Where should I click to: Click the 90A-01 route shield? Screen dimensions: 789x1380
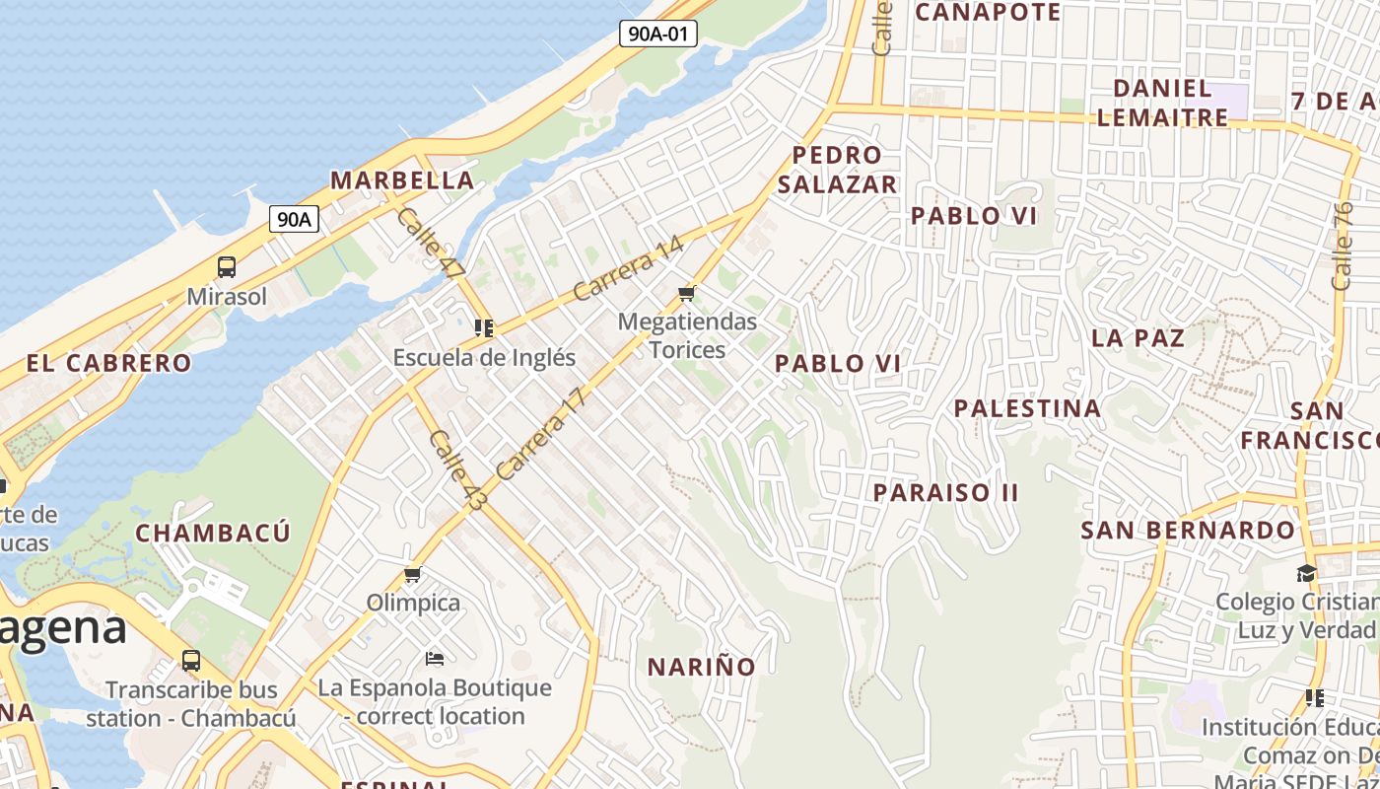click(658, 34)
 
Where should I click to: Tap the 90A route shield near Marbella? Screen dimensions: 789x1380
click(294, 219)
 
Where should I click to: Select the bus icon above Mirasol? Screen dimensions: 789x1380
click(227, 266)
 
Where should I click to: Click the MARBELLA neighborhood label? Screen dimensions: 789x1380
click(402, 180)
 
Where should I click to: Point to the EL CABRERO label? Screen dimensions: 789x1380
click(109, 363)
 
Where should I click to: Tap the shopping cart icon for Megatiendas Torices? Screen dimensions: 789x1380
click(687, 293)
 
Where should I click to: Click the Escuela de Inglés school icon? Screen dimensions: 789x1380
click(483, 327)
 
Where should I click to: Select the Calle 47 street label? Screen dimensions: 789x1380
click(430, 243)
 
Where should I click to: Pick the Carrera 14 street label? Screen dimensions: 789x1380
click(628, 267)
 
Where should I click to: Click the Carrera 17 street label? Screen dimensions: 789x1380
click(541, 434)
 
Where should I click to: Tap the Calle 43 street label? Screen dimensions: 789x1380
click(457, 469)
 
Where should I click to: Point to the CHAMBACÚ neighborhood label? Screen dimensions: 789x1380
click(213, 534)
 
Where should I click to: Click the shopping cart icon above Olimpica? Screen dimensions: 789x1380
click(413, 574)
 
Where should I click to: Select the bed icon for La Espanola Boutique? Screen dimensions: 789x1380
click(435, 658)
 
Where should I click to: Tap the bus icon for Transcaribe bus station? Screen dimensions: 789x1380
click(191, 661)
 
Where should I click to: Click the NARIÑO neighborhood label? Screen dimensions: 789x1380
click(701, 667)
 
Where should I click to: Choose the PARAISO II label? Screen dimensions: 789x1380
click(945, 492)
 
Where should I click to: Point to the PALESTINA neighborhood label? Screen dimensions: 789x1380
click(1027, 408)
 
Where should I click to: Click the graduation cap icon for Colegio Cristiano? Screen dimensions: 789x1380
click(1306, 573)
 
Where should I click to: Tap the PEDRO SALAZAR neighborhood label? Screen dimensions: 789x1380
click(837, 170)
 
